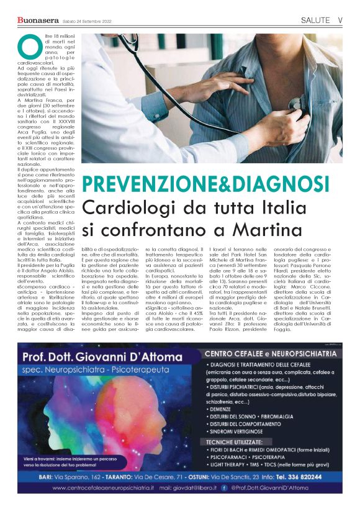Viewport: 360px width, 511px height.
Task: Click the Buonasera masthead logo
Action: (x=38, y=20)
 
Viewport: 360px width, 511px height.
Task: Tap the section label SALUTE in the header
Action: (x=315, y=20)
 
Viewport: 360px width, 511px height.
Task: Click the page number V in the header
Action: (x=340, y=20)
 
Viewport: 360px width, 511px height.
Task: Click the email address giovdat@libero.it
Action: (x=195, y=488)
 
